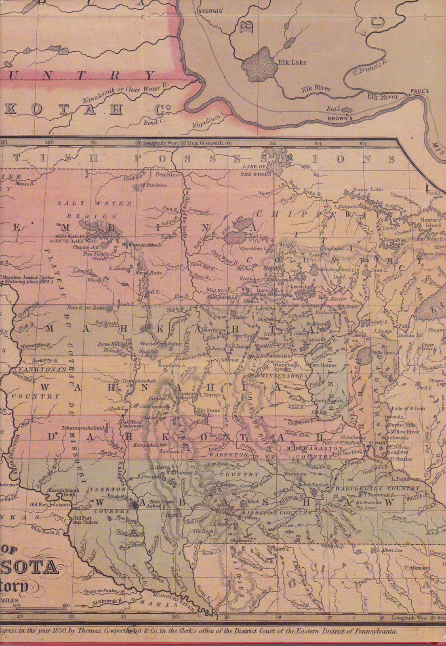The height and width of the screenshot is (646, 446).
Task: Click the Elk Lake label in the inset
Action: pos(292,63)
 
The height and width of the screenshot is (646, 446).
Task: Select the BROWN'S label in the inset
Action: pos(340,119)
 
